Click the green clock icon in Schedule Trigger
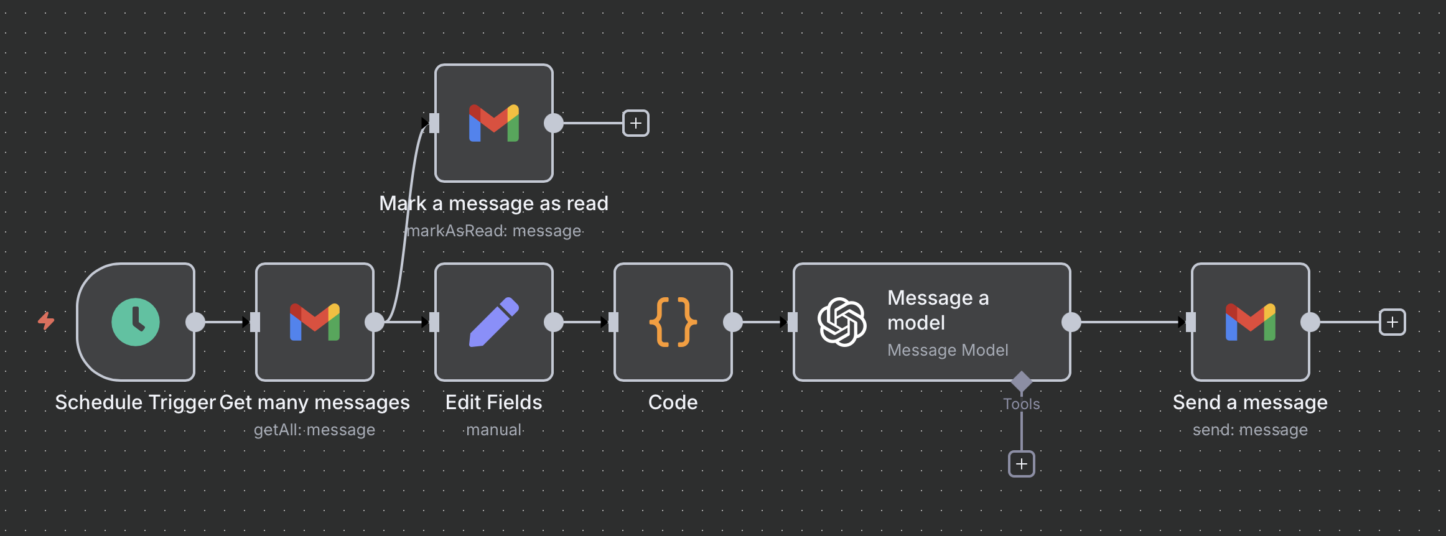tap(136, 322)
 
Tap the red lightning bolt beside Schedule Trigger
tap(46, 321)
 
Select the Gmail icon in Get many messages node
tap(315, 322)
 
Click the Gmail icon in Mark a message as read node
tap(494, 123)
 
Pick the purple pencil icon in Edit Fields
tap(494, 322)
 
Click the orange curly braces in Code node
tap(673, 322)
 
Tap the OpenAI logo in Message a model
tap(842, 322)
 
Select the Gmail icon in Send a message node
tap(1251, 322)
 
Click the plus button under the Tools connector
tap(1022, 464)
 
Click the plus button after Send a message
tap(1392, 322)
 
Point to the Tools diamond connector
tap(1022, 381)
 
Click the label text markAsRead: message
tap(494, 231)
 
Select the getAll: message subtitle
tap(315, 430)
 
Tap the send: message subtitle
tap(1251, 430)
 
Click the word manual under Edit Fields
tap(494, 430)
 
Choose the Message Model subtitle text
tap(948, 350)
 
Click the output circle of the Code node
tap(733, 322)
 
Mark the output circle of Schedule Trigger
tap(195, 322)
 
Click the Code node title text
tap(673, 402)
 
